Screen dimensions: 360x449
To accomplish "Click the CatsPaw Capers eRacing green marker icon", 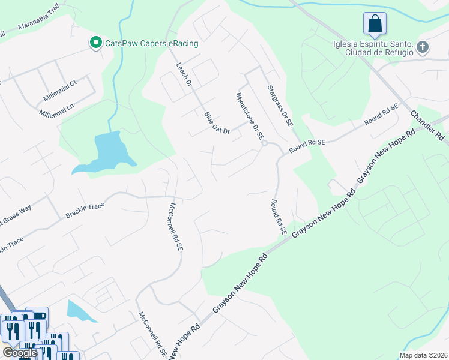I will [95, 43].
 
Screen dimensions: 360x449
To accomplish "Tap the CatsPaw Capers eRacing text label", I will [151, 43].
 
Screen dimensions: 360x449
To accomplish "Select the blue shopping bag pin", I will [375, 25].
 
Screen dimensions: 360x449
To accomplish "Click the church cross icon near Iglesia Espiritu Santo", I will [423, 47].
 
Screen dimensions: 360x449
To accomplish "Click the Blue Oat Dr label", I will [217, 123].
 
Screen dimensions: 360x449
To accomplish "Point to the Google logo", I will [20, 353].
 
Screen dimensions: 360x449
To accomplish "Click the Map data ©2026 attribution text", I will [423, 355].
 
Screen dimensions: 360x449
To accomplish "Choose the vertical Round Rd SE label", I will [279, 217].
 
